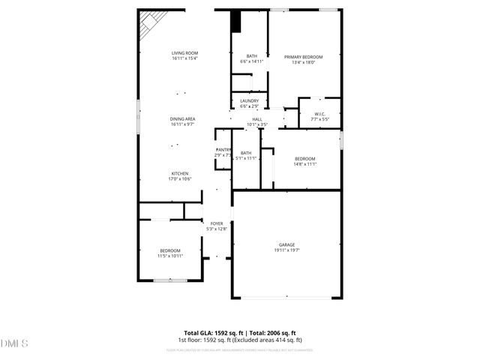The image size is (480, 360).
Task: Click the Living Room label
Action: [x=184, y=52]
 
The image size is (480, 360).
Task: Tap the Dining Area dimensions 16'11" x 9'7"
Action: [x=183, y=124]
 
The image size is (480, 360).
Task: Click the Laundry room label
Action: [x=250, y=101]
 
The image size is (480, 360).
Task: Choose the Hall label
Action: [x=256, y=119]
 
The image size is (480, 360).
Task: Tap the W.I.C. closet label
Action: [x=320, y=114]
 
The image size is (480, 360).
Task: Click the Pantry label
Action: [x=223, y=150]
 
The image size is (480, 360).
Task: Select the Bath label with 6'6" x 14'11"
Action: [x=252, y=61]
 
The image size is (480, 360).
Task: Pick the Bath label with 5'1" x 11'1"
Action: [x=246, y=158]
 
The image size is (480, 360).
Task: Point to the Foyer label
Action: [x=216, y=223]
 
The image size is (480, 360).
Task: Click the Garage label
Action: [x=286, y=244]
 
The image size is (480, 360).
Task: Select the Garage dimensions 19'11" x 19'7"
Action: [x=286, y=250]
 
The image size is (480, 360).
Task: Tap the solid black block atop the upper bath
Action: [x=235, y=22]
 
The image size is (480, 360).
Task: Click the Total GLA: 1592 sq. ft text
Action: [x=211, y=332]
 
